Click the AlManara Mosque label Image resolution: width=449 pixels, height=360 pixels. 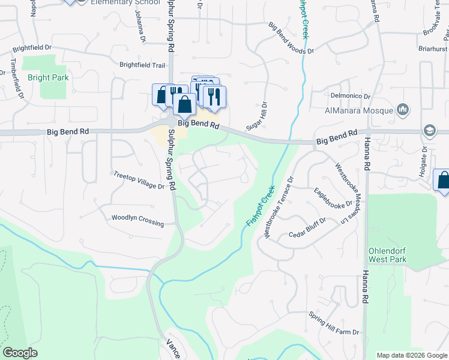[x=358, y=110]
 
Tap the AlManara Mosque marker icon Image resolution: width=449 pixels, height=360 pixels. [x=403, y=110]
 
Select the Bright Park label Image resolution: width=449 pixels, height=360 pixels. [x=48, y=77]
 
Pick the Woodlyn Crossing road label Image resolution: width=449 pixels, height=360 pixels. [x=137, y=220]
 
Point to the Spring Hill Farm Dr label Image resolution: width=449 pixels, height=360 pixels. [x=334, y=323]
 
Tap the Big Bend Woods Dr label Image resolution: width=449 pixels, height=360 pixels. [x=291, y=38]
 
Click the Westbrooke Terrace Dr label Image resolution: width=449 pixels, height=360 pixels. [x=279, y=205]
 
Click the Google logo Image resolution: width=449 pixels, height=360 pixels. [x=20, y=353]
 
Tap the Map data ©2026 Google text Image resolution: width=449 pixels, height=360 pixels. [x=411, y=355]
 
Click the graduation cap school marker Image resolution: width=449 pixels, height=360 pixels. [x=430, y=131]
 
